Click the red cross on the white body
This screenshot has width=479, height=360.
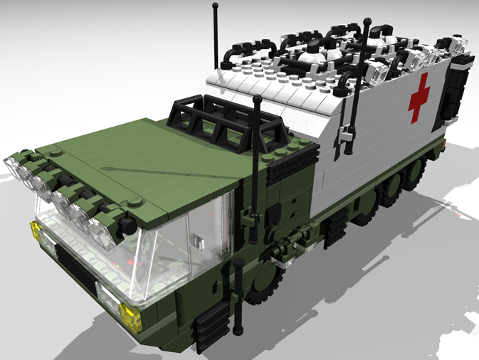click(419, 97)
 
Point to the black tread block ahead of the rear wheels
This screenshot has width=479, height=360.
click(335, 228)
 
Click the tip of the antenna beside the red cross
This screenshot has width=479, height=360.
click(367, 22)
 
